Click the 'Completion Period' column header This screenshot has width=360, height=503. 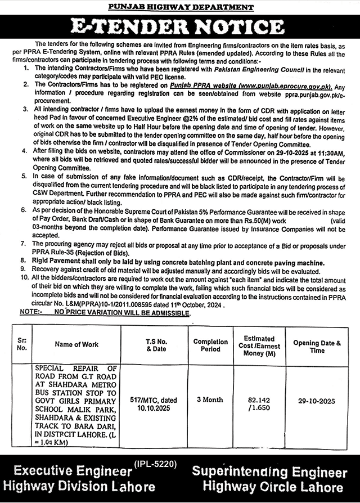tap(210, 344)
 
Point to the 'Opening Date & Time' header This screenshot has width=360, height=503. tap(317, 346)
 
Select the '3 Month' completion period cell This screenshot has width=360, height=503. tap(210, 400)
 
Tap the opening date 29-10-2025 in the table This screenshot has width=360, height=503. tap(317, 401)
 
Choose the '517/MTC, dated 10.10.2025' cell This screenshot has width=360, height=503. tap(157, 401)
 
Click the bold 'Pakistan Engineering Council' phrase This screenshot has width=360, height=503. tap(271, 69)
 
